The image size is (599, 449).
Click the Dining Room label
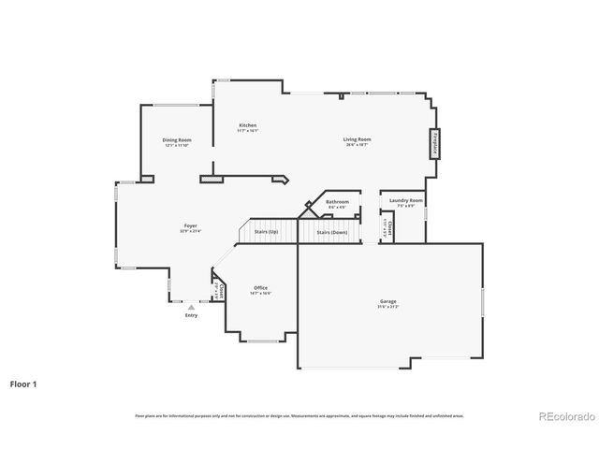(x=177, y=140)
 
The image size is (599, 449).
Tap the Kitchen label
(x=248, y=125)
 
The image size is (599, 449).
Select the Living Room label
(x=358, y=139)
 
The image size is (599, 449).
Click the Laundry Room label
(x=406, y=200)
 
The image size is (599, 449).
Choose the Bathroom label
(x=337, y=201)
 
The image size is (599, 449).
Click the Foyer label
(x=190, y=225)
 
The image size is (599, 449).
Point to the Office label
(x=260, y=287)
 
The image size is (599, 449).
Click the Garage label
(x=387, y=301)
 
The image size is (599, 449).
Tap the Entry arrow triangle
(x=191, y=307)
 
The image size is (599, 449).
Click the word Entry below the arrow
(x=191, y=315)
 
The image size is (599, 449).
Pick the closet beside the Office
(x=218, y=291)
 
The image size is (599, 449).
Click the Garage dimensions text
(x=387, y=307)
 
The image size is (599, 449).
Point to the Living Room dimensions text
(x=358, y=145)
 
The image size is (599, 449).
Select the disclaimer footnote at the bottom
(x=299, y=415)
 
